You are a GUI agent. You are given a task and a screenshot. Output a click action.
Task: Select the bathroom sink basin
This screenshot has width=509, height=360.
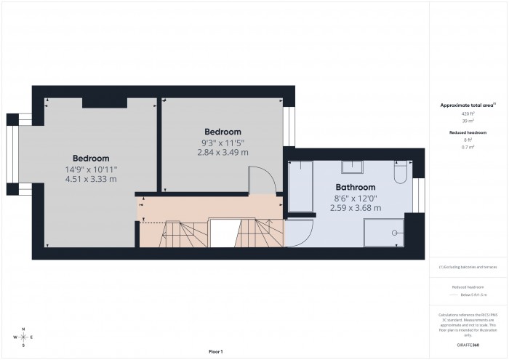coord(355,168)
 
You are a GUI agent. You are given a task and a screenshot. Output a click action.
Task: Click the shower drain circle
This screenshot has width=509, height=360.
coord(395,233)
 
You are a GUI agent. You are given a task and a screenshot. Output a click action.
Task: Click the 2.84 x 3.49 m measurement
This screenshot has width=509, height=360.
coord(222,153)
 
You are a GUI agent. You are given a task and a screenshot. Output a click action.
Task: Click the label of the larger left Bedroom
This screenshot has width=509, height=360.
coord(91,159)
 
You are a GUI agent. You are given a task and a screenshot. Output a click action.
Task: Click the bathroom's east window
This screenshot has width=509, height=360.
coord(418,194)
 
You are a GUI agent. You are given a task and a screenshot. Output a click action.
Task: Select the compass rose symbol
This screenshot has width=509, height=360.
coord(24,337)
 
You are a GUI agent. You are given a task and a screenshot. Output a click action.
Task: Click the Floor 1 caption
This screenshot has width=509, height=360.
coord(215,352)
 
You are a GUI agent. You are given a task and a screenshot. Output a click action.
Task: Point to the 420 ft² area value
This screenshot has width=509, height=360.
coord(468,114)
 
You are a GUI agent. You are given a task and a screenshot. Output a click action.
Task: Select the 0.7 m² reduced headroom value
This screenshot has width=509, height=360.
coord(468,147)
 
